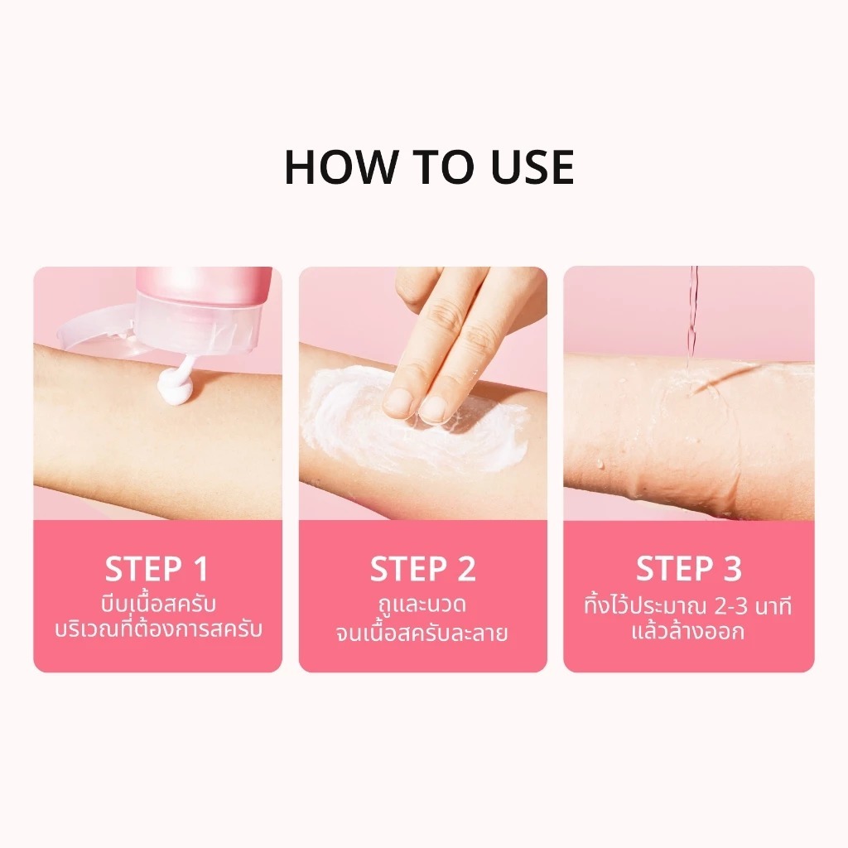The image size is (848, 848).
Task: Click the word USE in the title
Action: coord(532,167)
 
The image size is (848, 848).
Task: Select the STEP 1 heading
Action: coord(157,569)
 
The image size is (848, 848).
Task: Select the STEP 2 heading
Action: coord(423,569)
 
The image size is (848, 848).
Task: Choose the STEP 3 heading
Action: coord(688,569)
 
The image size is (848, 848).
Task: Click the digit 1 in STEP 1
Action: coord(200,569)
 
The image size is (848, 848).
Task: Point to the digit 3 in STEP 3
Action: coord(732,569)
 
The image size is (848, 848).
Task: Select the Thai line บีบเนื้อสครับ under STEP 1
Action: coord(158,604)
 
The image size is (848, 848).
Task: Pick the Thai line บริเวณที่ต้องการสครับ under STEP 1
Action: coord(158,629)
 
